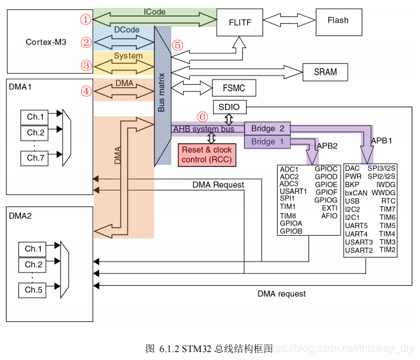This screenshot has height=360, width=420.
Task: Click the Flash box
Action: tap(338, 20)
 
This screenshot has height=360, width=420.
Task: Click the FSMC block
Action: tap(234, 88)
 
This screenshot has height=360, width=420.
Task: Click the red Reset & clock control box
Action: tap(207, 154)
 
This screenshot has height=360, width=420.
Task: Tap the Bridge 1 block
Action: tap(263, 142)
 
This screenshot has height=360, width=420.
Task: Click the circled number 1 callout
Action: tap(85, 20)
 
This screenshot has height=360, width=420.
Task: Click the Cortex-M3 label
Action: tap(47, 42)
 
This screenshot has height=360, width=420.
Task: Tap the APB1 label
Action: tap(383, 141)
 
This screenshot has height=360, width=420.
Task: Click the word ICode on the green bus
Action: tap(154, 12)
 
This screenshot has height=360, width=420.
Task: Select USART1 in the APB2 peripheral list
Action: tap(293, 192)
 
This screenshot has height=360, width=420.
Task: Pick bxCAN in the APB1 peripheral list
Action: tap(356, 193)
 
